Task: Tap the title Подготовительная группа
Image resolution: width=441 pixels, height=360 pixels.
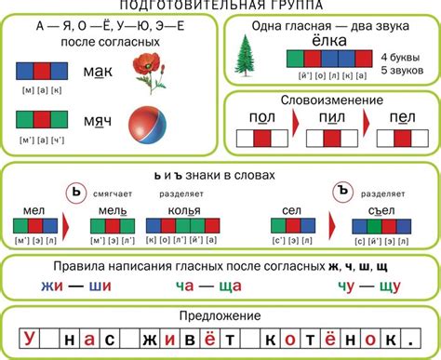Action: [x=220, y=6]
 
